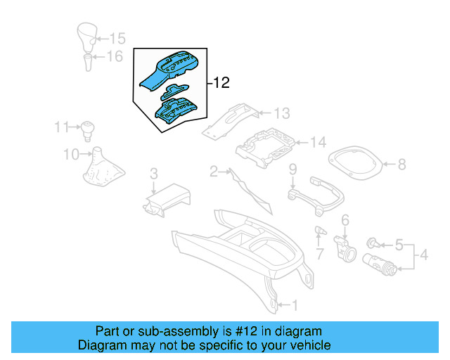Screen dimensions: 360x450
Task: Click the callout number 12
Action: point(221,84)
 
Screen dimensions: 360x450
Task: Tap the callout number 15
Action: point(117,38)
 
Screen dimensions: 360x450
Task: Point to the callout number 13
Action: point(281,113)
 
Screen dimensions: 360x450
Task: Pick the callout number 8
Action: point(401,165)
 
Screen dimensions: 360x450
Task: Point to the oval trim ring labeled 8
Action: point(358,165)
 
